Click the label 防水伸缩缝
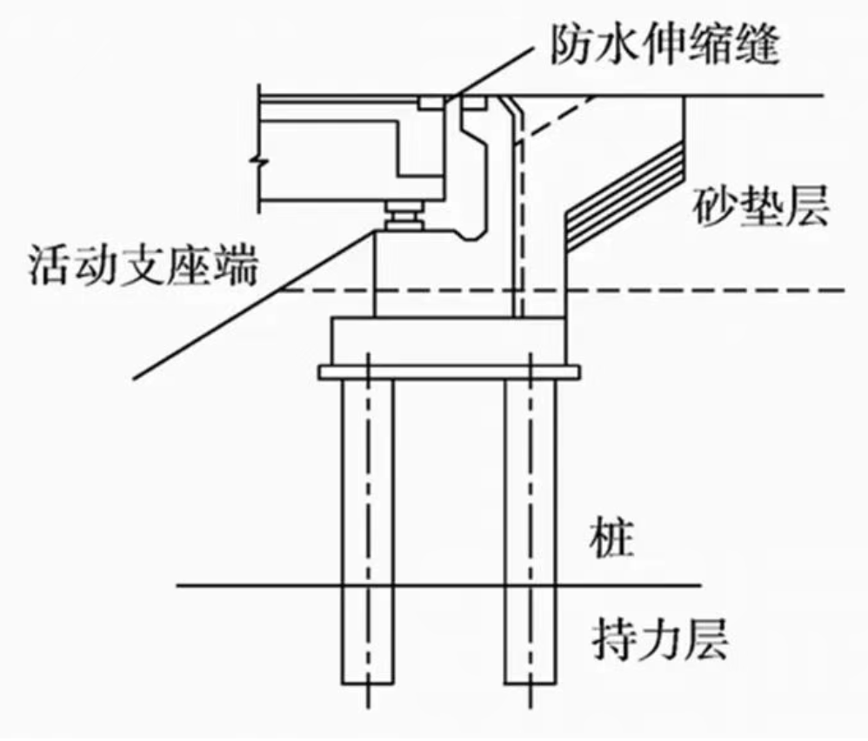pyautogui.click(x=664, y=45)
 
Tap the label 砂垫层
pyautogui.click(x=760, y=206)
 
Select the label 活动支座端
pyautogui.click(x=143, y=265)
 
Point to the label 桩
pyautogui.click(x=611, y=537)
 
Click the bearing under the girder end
pyautogui.click(x=404, y=216)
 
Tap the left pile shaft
pyautogui.click(x=368, y=531)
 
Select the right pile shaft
pyautogui.click(x=531, y=531)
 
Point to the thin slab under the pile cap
pyautogui.click(x=449, y=372)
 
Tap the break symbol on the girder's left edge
pyautogui.click(x=259, y=161)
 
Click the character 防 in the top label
pyautogui.click(x=571, y=45)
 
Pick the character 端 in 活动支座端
pyautogui.click(x=237, y=265)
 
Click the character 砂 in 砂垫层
pyautogui.click(x=714, y=206)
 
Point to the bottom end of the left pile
pyautogui.click(x=368, y=684)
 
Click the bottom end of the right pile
pyautogui.click(x=531, y=684)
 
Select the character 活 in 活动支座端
pyautogui.click(x=50, y=265)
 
